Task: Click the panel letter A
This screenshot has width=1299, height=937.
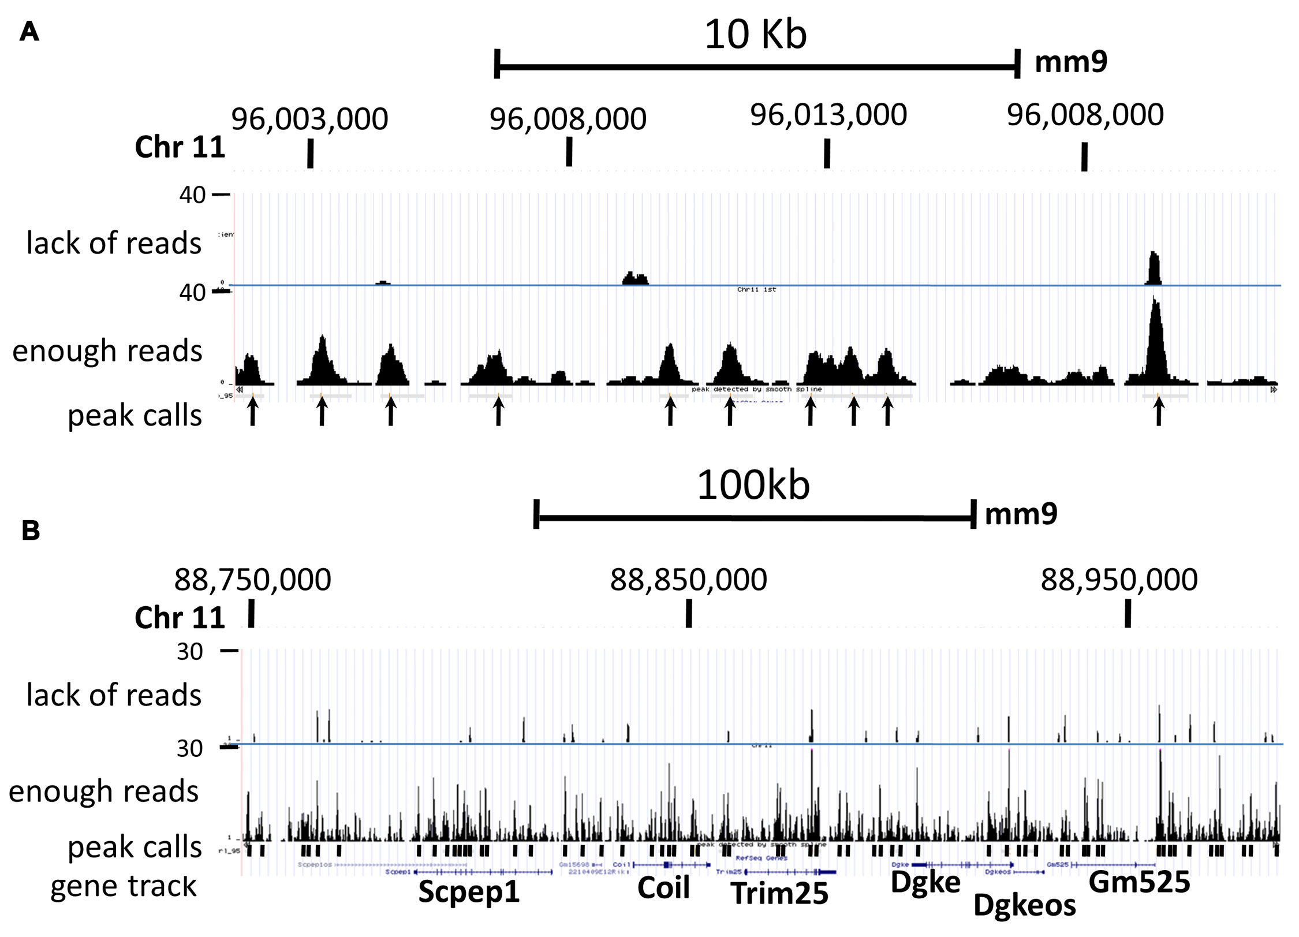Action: pos(29,32)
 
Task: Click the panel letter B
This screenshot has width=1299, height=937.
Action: pos(31,530)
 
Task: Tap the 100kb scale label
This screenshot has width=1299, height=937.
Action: pos(753,486)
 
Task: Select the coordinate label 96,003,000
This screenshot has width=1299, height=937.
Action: pos(309,119)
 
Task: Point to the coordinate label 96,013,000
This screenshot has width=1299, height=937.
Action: pos(828,115)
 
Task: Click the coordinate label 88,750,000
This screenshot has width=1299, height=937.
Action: pos(252,580)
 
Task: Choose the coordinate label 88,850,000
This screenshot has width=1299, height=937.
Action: pos(688,580)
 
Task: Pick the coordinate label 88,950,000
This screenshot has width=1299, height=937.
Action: pos(1119,580)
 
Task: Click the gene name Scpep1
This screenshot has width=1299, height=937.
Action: pos(469,891)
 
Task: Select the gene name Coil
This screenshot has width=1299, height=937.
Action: pos(663,888)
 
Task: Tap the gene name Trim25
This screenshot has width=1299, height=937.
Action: pos(779,893)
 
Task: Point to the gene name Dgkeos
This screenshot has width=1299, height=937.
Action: pos(1024,905)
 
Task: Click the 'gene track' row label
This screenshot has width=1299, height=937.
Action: pos(124,886)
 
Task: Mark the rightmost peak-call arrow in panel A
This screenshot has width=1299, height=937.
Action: pos(1158,412)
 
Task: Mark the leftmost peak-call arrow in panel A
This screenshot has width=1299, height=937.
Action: pos(252,412)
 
